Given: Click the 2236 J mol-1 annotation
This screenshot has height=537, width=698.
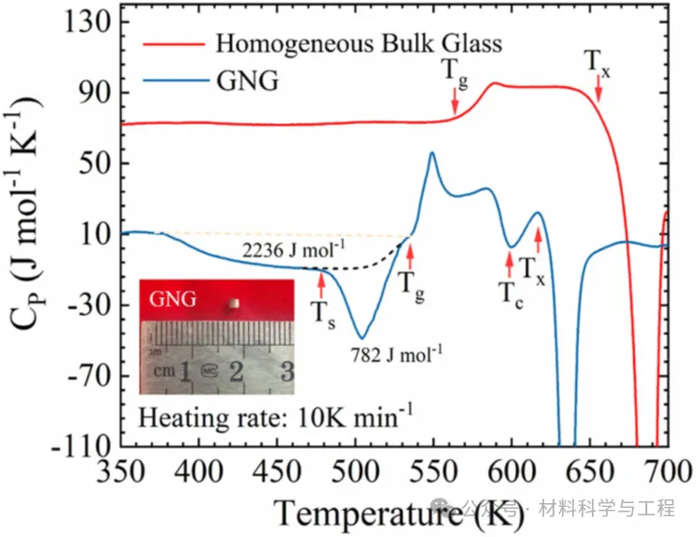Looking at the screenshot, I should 293,250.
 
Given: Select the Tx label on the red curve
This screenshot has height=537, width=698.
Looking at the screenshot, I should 597,62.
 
